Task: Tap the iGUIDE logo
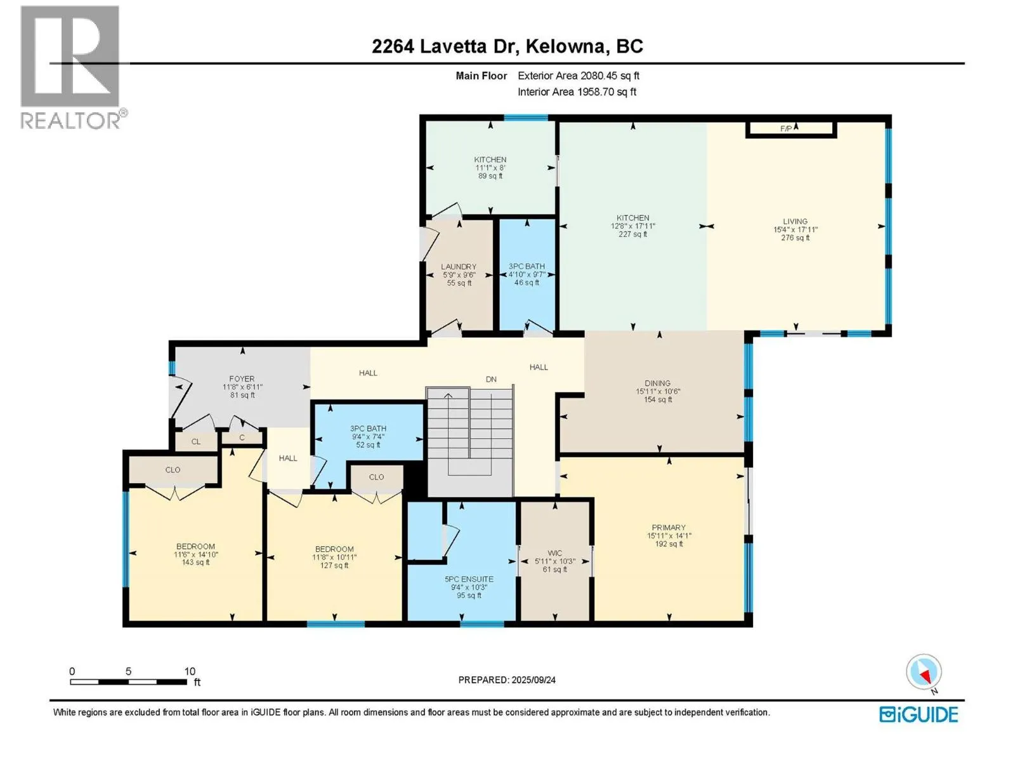918,714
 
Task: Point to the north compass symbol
924,673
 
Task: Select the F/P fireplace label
785,129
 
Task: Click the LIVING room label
795,222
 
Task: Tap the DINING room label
657,383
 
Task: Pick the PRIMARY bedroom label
668,528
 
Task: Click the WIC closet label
554,553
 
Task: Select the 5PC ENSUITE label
469,579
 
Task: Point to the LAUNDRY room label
458,267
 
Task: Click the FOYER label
242,379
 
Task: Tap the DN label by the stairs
491,379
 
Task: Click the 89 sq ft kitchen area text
490,177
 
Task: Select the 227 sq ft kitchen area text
632,234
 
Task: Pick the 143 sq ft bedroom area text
195,563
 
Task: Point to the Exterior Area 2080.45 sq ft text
579,76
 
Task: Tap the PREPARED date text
507,680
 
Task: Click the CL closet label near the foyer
196,442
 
